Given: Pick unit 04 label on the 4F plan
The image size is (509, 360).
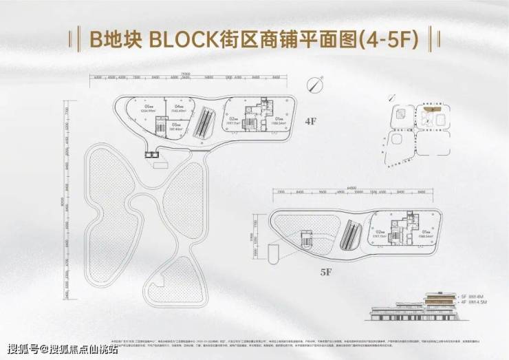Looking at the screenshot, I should point(178,108).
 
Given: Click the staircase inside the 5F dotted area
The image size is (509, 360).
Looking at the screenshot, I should point(305,240).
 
